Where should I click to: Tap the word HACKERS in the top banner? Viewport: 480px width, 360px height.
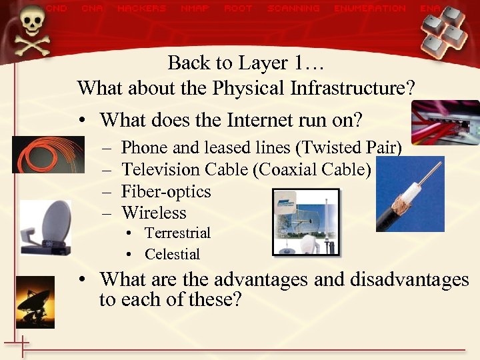click(141, 9)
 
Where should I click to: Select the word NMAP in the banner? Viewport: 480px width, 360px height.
click(195, 9)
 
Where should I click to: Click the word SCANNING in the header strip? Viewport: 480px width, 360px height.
click(293, 9)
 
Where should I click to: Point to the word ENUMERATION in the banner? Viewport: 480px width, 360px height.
click(370, 9)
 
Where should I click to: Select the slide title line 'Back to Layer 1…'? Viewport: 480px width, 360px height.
click(245, 63)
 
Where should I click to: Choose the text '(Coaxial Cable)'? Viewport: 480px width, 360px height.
click(312, 169)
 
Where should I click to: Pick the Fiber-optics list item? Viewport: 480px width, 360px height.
click(166, 191)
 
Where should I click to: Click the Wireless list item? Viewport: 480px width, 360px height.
click(154, 213)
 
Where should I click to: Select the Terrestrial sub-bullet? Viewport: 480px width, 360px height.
click(177, 233)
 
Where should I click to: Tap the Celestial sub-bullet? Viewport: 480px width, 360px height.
click(172, 254)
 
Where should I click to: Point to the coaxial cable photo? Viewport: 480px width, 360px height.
click(410, 194)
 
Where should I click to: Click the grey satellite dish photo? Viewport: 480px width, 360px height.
click(46, 227)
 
